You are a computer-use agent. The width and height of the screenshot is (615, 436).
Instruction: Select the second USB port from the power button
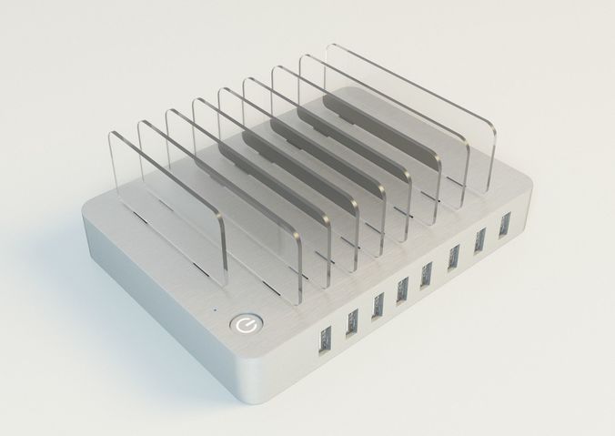click(x=350, y=320)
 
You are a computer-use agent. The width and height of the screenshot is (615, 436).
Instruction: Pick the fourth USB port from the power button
click(x=402, y=287)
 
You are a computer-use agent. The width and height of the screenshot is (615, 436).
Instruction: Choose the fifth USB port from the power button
click(x=426, y=271)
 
